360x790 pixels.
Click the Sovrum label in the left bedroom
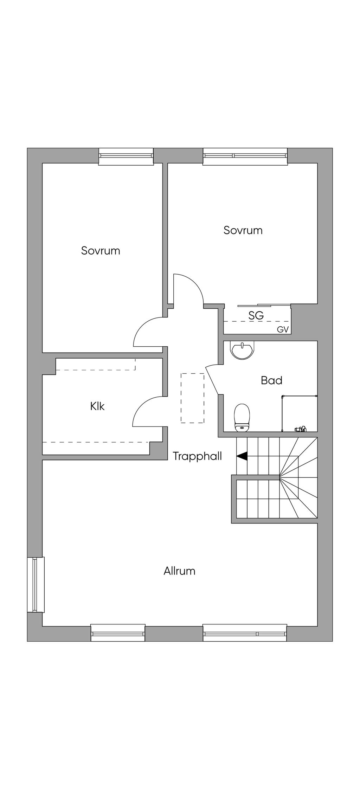(x=101, y=251)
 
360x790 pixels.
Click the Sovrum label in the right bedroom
(x=243, y=230)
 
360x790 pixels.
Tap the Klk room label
(x=97, y=406)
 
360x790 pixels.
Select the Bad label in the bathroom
(x=271, y=380)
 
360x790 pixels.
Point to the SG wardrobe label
(x=256, y=315)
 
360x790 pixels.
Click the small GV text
(x=283, y=330)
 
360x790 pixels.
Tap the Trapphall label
(x=197, y=456)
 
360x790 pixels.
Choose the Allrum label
(x=179, y=571)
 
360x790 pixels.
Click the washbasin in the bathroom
(x=242, y=351)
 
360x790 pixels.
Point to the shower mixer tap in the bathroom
(x=300, y=429)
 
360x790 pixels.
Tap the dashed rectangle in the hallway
(x=192, y=398)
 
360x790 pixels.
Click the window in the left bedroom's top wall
(x=126, y=156)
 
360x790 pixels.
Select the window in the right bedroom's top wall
(x=245, y=156)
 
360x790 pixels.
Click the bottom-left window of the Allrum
(x=118, y=633)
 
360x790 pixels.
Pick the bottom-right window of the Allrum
(x=245, y=633)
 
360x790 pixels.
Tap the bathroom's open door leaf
(x=212, y=380)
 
